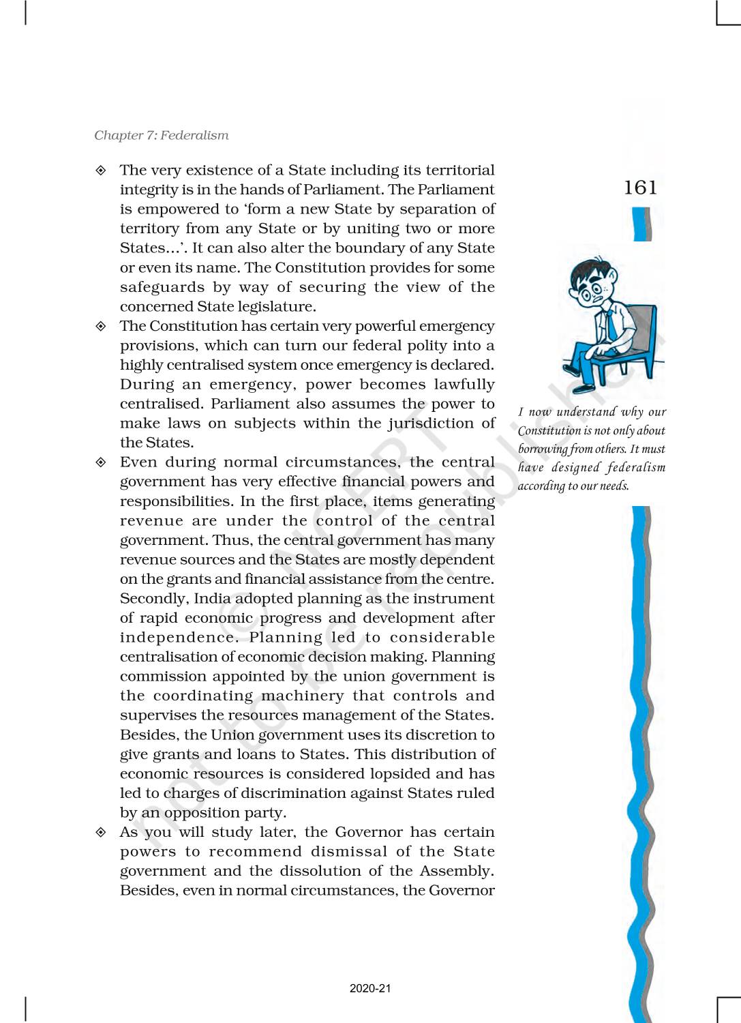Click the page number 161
click(x=640, y=188)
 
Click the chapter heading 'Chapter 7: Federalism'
click(x=162, y=135)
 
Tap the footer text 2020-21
click(x=370, y=988)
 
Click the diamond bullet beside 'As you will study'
click(x=101, y=833)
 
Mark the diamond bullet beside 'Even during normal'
click(x=101, y=462)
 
